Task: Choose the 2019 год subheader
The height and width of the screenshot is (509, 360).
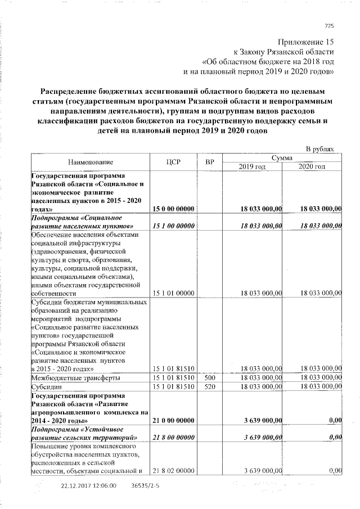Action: click(x=251, y=167)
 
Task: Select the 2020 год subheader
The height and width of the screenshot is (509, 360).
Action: click(x=312, y=167)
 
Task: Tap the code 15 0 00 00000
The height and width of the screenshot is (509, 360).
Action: click(x=174, y=209)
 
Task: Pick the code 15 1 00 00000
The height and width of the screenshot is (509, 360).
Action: click(x=174, y=226)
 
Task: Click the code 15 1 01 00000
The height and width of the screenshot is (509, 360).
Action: click(x=174, y=293)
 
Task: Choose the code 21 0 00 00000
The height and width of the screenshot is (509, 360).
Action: click(x=174, y=420)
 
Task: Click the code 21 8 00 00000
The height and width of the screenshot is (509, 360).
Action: click(x=174, y=437)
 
